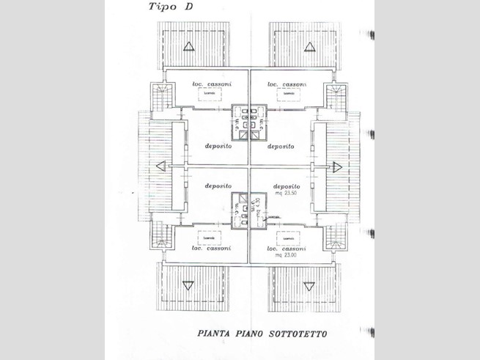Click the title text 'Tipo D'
tap(171, 8)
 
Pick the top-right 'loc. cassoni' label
tap(287, 84)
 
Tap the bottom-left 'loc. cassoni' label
tap(211, 248)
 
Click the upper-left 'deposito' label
tap(218, 147)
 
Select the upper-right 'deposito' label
tap(281, 147)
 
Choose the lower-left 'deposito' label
tap(218, 186)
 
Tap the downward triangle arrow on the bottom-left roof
tap(188, 285)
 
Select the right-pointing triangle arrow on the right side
tap(337, 166)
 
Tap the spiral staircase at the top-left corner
tap(161, 96)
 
